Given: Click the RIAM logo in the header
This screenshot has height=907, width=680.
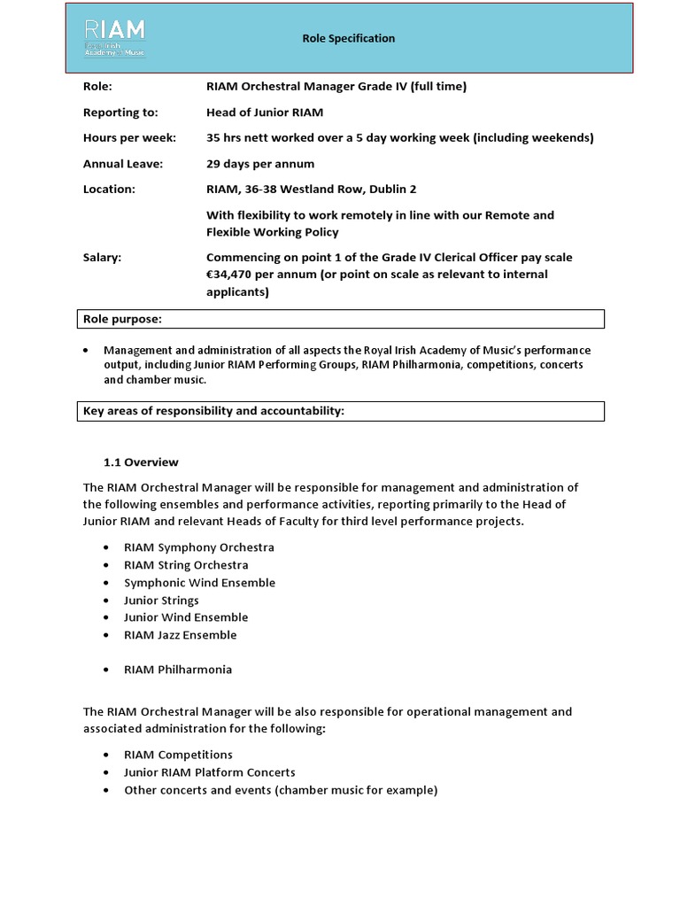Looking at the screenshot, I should [x=114, y=38].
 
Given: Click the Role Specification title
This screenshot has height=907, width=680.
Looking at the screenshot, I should [x=348, y=38].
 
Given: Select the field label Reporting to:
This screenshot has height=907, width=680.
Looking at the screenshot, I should [x=120, y=112].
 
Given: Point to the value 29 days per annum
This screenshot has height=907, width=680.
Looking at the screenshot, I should [x=260, y=164].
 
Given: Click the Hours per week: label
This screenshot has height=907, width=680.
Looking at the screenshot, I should [x=129, y=138].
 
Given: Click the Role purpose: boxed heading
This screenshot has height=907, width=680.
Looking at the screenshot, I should [x=122, y=319].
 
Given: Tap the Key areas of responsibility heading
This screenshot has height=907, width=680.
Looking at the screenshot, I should [x=213, y=411].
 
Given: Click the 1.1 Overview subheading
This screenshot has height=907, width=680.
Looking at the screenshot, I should [x=142, y=462].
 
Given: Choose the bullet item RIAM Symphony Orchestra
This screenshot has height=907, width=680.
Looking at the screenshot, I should [x=199, y=547].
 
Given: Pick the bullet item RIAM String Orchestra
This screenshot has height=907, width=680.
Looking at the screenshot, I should [x=186, y=565].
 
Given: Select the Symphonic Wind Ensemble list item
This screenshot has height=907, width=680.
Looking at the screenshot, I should [x=199, y=583].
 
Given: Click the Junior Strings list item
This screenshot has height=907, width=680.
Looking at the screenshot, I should [x=161, y=601].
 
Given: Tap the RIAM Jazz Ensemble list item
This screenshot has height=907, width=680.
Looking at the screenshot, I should [x=181, y=635].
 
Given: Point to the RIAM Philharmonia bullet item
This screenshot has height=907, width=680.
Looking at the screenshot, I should [x=178, y=670].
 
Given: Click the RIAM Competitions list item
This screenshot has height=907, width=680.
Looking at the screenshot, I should [x=178, y=755].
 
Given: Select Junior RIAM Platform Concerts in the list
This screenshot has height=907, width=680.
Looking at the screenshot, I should [x=210, y=772].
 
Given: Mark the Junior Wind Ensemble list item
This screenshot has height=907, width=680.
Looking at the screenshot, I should [x=186, y=617].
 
